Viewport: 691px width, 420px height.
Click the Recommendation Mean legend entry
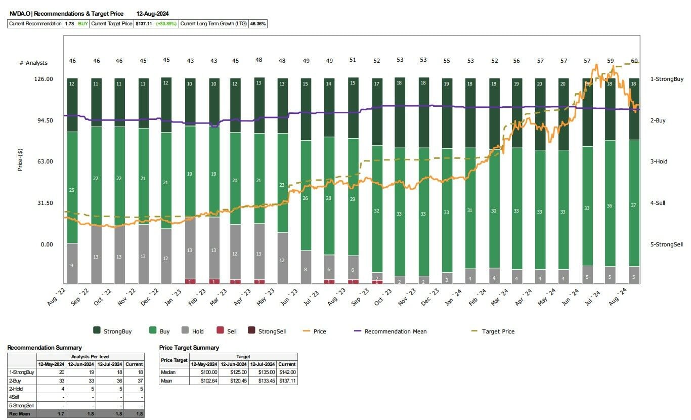click(x=395, y=331)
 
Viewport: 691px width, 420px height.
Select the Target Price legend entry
click(x=498, y=331)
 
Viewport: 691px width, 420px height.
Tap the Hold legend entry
click(x=197, y=331)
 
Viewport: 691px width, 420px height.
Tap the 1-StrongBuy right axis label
click(x=667, y=79)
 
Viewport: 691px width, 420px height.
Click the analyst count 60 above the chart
click(x=634, y=61)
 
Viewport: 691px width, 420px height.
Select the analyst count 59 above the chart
click(x=611, y=60)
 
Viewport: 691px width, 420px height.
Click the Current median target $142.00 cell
click(x=287, y=372)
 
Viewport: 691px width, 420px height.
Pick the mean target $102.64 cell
click(x=203, y=381)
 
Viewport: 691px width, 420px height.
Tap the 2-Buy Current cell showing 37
click(x=135, y=381)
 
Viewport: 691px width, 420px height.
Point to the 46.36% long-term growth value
click(x=258, y=24)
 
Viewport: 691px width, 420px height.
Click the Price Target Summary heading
click(x=189, y=348)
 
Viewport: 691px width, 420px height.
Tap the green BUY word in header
click(x=83, y=24)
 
